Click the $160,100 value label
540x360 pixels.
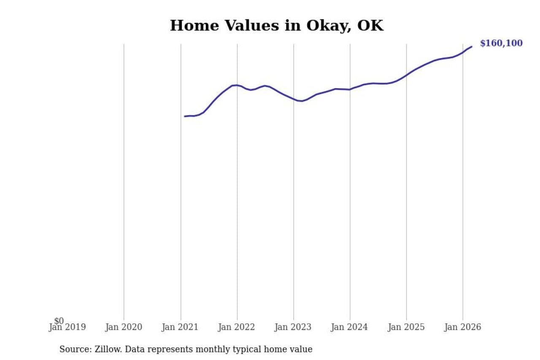[501, 43]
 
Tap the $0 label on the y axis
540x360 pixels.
[59, 321]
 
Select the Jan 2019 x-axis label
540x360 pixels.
[67, 327]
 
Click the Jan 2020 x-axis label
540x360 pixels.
[124, 327]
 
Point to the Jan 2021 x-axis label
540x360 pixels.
[181, 327]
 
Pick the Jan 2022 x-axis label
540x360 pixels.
[237, 327]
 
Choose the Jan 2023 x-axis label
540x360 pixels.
[294, 327]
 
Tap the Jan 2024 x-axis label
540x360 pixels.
[350, 327]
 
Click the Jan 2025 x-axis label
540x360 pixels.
[406, 327]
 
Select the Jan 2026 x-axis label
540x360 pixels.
[463, 327]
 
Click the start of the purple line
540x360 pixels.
[185, 116]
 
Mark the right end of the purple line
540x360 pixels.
[472, 46]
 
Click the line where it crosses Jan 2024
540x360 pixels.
[350, 89]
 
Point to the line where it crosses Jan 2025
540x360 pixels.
[406, 75]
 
